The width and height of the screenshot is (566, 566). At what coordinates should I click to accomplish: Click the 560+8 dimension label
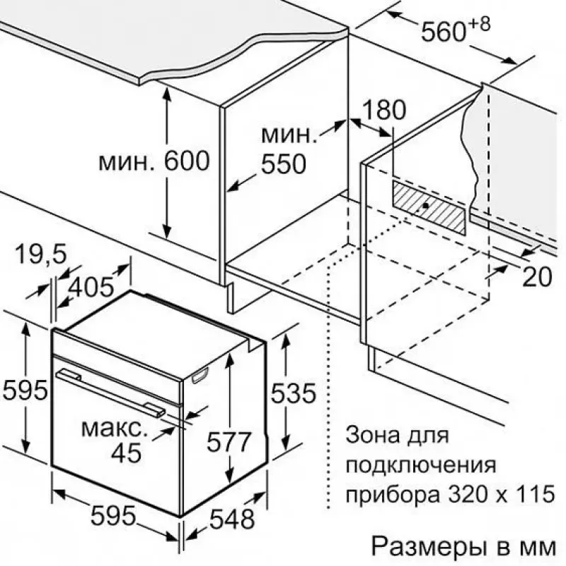[456, 29]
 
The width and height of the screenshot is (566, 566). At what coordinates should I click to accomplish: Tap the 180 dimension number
[383, 110]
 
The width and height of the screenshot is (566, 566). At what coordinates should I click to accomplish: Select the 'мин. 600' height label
[154, 161]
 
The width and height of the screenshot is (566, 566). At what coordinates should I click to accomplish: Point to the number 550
[284, 164]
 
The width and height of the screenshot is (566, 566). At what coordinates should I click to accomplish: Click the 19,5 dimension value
[42, 254]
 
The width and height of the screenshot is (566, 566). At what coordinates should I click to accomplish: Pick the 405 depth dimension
[91, 287]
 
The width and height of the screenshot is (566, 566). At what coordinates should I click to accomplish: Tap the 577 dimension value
[229, 441]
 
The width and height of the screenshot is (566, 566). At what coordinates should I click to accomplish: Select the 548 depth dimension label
[233, 519]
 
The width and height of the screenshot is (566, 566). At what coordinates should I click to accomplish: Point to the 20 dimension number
[537, 277]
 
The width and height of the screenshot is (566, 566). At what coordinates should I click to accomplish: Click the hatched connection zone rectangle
[429, 207]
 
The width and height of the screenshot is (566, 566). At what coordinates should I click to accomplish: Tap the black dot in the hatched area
[426, 205]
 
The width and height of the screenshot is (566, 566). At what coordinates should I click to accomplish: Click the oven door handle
[111, 393]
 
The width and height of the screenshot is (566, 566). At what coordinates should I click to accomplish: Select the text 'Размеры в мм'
[464, 547]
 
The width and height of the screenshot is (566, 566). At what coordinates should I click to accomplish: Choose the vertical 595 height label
[25, 390]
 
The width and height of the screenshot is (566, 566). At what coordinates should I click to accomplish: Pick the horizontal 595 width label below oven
[113, 515]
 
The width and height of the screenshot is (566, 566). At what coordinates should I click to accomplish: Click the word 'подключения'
[421, 465]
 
